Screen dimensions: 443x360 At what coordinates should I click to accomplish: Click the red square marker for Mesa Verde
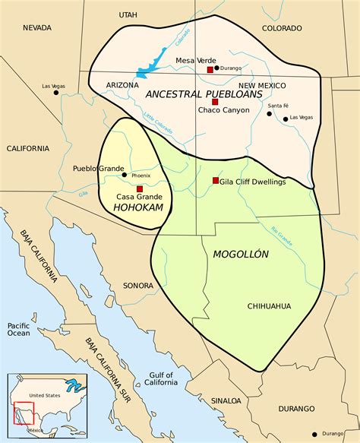pos(210,70)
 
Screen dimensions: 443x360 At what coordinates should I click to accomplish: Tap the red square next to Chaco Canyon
pos(215,101)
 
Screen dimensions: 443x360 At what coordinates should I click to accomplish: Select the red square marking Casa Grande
pos(140,188)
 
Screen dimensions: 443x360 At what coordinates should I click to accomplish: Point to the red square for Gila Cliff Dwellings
pos(216,181)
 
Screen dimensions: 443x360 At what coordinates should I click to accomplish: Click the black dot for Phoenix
pos(125,175)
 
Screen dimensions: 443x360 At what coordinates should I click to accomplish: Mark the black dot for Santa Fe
pos(270,114)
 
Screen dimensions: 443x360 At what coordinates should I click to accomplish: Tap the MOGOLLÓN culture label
pos(241,254)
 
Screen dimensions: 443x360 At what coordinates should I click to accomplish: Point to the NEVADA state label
pos(36,28)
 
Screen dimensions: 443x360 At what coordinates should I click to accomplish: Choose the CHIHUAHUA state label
pos(269,305)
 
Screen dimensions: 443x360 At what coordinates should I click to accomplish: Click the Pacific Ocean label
pos(18,329)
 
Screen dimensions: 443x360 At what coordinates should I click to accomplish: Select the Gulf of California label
pos(160,380)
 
